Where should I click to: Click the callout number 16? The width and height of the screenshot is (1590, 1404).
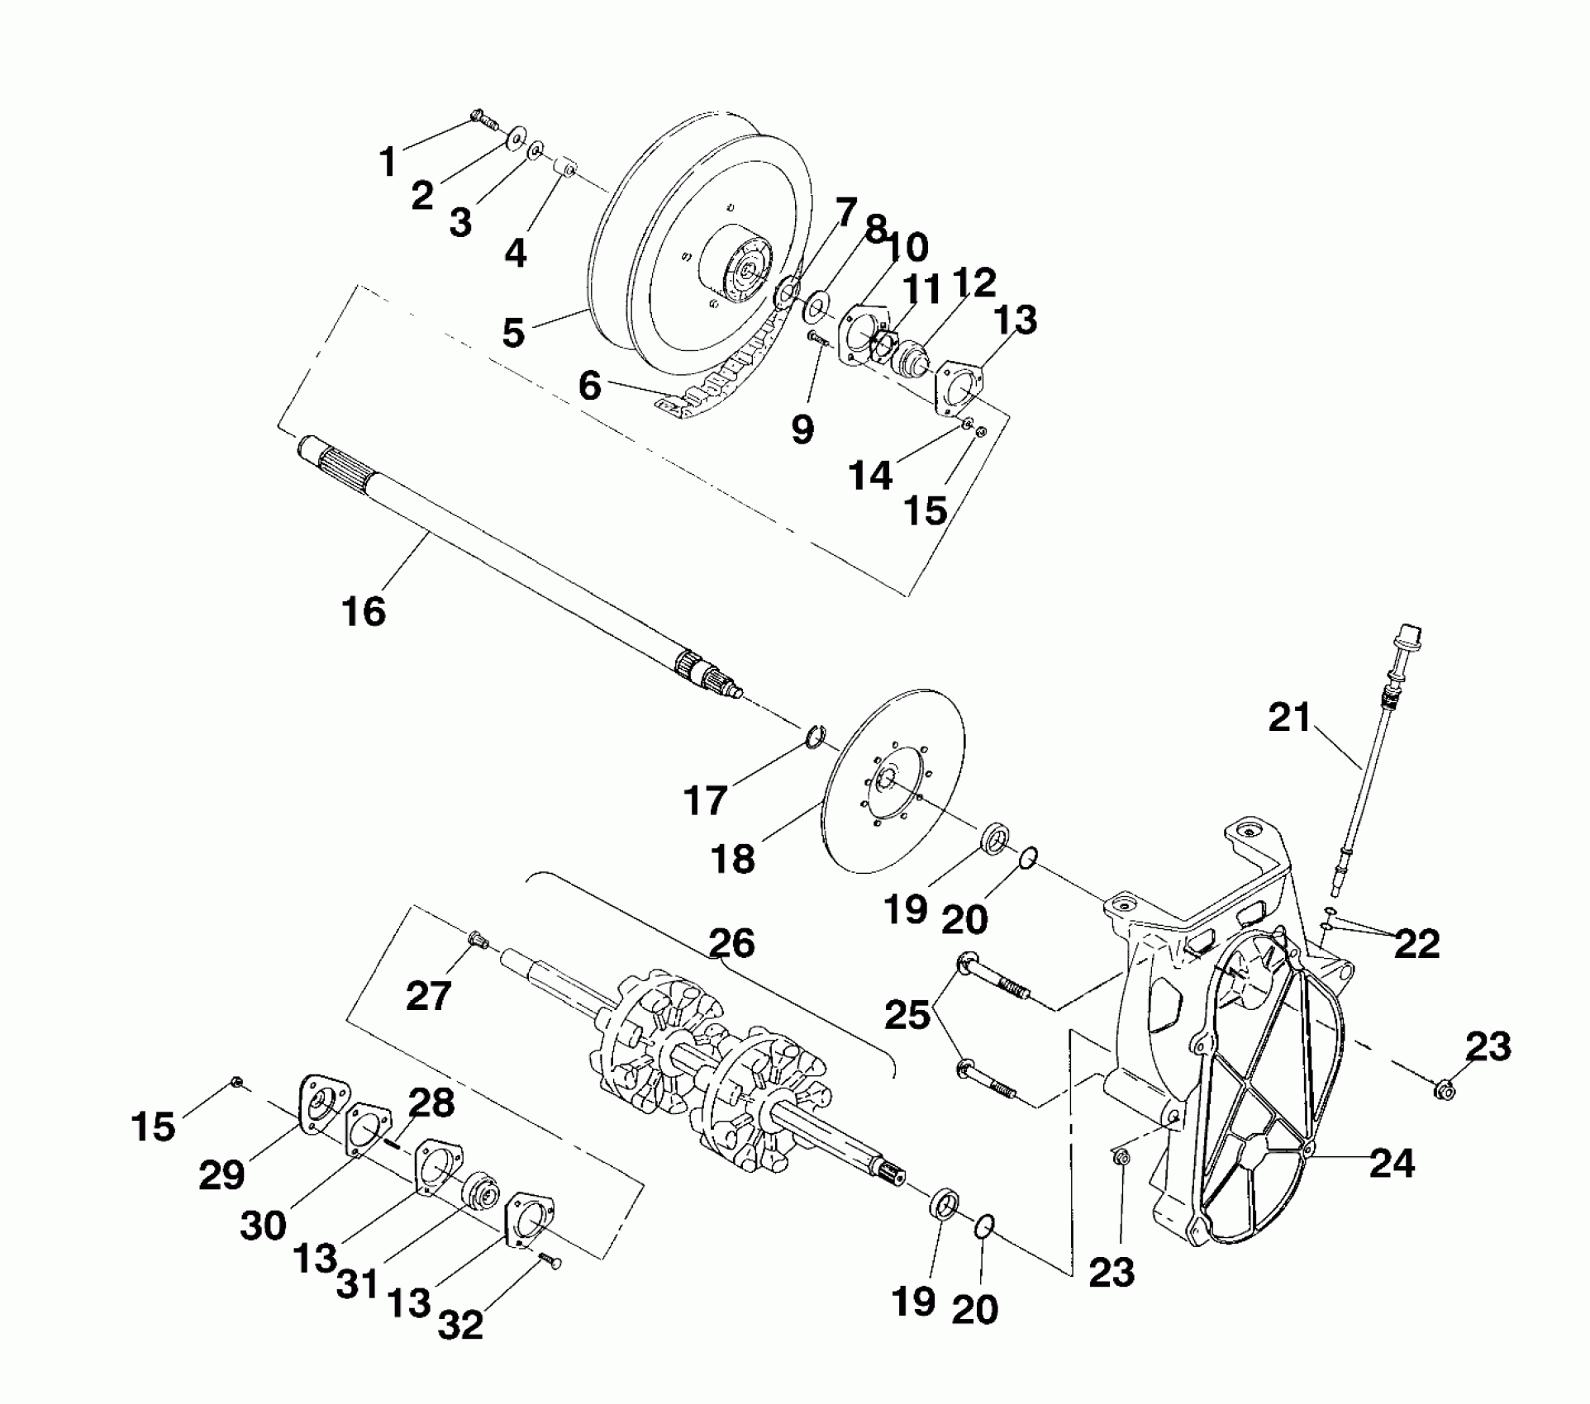364,612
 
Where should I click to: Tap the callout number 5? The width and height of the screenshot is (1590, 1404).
513,332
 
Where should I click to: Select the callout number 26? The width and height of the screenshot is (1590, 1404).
731,942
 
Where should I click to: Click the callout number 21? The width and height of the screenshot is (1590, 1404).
1290,718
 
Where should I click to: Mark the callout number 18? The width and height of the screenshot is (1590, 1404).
732,859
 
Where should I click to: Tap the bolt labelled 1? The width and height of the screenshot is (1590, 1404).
483,121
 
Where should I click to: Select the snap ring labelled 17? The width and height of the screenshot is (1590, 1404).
814,733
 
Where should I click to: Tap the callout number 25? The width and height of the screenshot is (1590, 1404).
907,1015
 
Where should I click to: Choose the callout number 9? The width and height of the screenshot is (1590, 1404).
802,429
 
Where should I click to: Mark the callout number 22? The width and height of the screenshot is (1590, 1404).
1416,943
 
